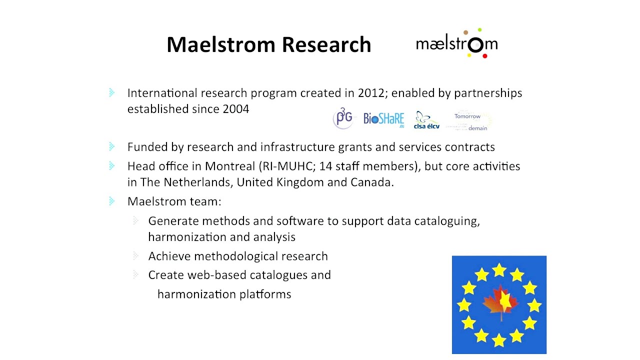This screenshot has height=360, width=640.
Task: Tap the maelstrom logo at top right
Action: tap(456, 44)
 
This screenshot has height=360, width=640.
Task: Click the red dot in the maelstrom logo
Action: tap(484, 56)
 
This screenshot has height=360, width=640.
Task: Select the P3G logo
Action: tap(343, 118)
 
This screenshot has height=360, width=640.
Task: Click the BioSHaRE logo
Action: tap(383, 119)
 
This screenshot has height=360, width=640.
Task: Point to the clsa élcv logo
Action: tap(426, 120)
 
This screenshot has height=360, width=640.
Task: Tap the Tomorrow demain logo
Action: tap(469, 121)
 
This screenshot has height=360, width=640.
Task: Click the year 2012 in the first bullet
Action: tap(370, 93)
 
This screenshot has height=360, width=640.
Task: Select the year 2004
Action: tap(235, 109)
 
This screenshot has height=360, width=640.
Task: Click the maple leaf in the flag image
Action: tap(500, 302)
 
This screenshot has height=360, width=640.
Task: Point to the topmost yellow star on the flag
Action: tap(499, 270)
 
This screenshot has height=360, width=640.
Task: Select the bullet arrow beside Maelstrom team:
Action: tap(111, 201)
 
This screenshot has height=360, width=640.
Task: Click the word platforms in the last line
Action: tap(265, 294)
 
